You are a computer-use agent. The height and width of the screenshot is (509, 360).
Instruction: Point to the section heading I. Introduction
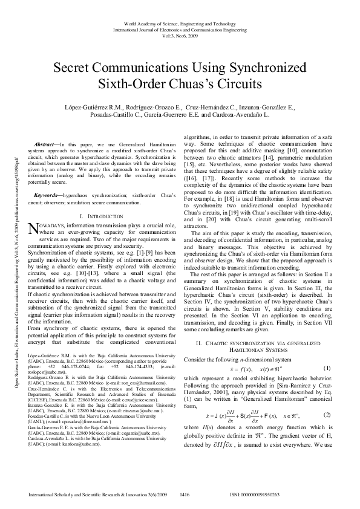101,199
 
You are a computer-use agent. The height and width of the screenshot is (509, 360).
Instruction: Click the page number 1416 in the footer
185,494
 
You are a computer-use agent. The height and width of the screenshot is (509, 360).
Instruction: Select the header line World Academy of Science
180,21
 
